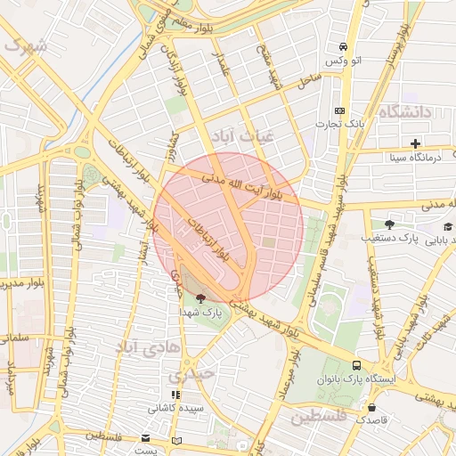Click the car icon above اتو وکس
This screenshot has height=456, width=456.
[x=342, y=47]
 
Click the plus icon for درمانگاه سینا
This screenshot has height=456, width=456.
[x=415, y=143]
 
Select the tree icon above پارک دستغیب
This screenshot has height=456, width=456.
[x=388, y=224]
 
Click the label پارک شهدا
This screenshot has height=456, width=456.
[x=204, y=313]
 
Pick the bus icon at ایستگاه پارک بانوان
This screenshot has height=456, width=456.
[x=357, y=365]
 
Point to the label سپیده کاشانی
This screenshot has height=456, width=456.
[x=176, y=408]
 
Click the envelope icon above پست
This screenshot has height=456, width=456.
[x=145, y=438]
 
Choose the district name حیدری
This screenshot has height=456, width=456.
[x=193, y=375]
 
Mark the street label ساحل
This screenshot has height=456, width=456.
[x=309, y=80]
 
